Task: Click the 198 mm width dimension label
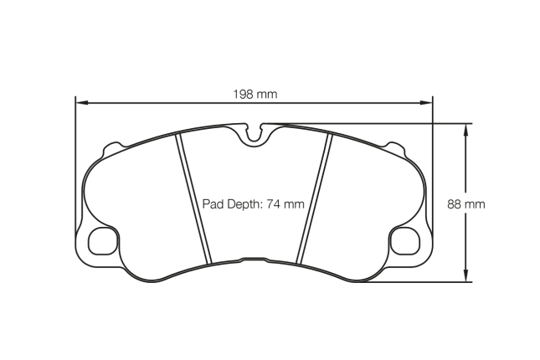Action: click(x=255, y=94)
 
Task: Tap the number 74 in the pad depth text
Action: click(x=273, y=203)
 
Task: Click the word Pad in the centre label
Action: click(x=213, y=203)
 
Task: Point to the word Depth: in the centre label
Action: click(x=243, y=203)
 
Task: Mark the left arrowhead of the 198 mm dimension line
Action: click(x=80, y=104)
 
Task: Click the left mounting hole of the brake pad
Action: click(x=101, y=240)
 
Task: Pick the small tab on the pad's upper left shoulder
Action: click(x=106, y=151)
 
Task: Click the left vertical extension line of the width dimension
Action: click(x=75, y=167)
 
